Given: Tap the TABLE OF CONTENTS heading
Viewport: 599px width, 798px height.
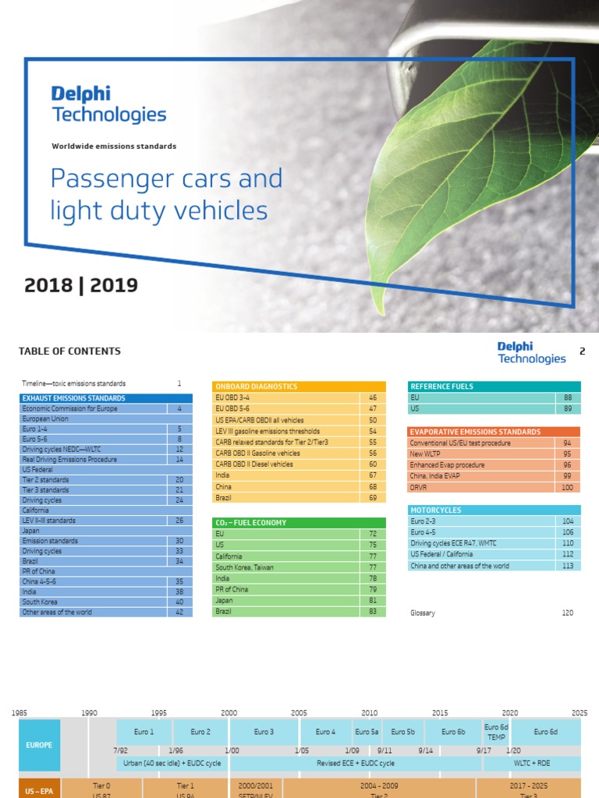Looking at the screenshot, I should click(x=69, y=351).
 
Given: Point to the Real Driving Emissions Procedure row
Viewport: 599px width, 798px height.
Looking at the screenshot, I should click(x=70, y=460).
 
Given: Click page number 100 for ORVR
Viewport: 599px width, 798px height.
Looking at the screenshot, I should click(x=567, y=487).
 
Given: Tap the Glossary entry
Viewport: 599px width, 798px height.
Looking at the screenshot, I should click(x=423, y=613).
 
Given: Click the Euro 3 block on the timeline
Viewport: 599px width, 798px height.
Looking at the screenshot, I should click(x=264, y=732).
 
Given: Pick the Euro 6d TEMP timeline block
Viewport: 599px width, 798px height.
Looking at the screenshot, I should click(x=496, y=732).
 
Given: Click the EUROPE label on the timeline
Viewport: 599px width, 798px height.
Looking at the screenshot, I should click(x=39, y=745).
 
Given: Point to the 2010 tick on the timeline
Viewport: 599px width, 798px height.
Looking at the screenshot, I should click(x=369, y=713).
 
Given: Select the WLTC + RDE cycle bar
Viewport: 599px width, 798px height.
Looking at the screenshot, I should click(x=533, y=764).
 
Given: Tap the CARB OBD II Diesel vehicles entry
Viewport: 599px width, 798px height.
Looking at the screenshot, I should click(x=254, y=464).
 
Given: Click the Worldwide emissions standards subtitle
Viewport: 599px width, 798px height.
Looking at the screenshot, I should click(x=114, y=147).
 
